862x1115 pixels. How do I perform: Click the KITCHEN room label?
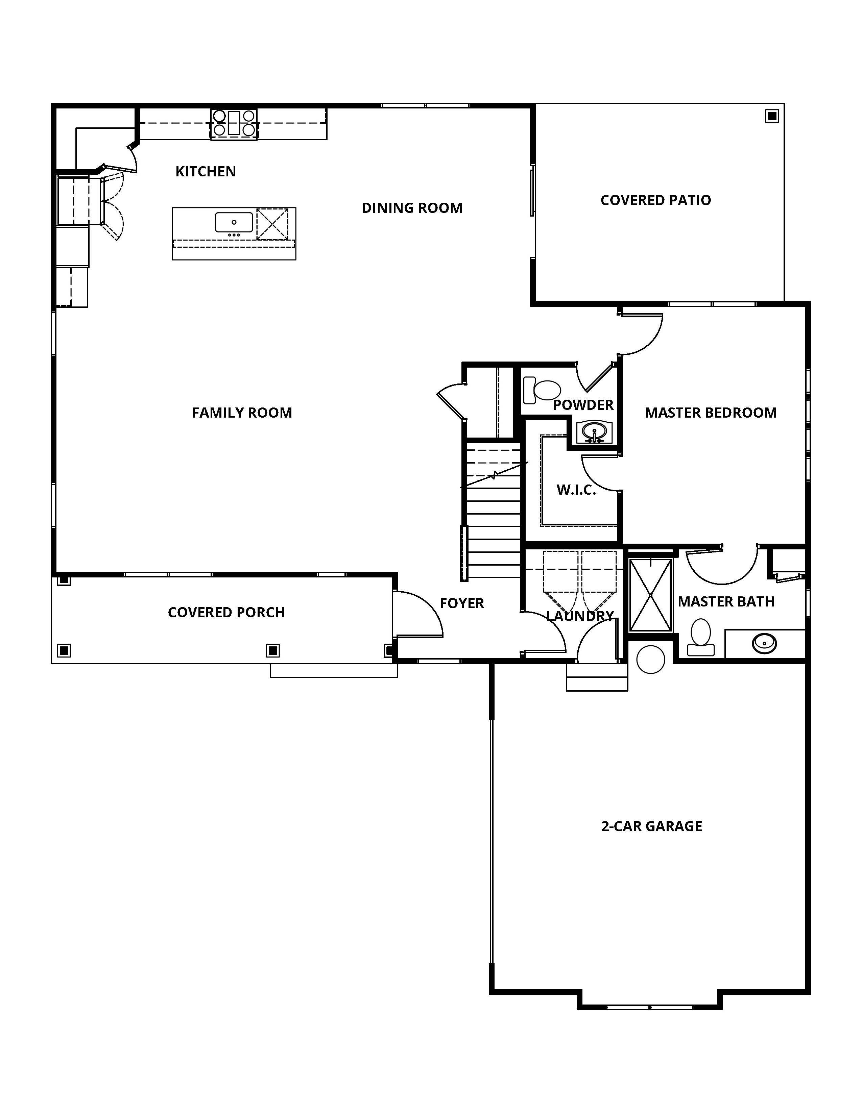206,172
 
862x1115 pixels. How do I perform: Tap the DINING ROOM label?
412,208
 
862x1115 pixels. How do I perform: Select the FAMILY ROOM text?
242,413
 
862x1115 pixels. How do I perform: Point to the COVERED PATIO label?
656,200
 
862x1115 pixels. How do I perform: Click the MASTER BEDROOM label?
711,413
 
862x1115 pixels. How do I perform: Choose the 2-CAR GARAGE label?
652,826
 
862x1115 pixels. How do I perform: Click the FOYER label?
462,603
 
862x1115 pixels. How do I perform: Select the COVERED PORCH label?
226,613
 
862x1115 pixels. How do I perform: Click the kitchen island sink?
234,223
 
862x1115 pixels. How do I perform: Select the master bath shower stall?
651,595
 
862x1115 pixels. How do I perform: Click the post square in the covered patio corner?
772,117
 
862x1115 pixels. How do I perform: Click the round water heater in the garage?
651,659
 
